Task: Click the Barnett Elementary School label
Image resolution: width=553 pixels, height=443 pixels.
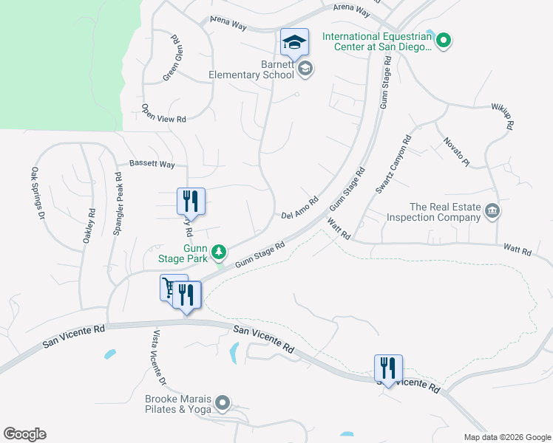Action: [251, 70]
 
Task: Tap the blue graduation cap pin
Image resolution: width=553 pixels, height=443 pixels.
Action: [294, 44]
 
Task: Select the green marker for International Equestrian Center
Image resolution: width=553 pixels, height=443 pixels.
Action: [444, 41]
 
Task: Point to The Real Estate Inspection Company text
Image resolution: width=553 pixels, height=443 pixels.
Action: [445, 213]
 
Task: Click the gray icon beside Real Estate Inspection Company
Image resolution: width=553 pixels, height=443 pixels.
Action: [492, 213]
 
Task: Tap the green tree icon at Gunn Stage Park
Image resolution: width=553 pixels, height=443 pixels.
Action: [219, 253]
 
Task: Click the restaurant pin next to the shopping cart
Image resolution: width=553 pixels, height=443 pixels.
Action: [187, 295]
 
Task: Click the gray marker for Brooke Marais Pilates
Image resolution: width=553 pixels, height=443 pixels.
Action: [223, 403]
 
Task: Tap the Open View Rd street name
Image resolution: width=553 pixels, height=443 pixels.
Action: [163, 113]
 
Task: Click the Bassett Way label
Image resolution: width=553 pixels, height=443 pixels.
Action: [152, 164]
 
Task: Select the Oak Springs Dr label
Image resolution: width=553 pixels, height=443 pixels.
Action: [38, 193]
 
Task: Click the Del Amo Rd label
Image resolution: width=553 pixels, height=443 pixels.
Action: [299, 207]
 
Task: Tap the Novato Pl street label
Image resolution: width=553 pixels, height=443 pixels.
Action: [456, 151]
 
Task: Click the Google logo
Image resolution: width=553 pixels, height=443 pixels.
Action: [24, 434]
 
